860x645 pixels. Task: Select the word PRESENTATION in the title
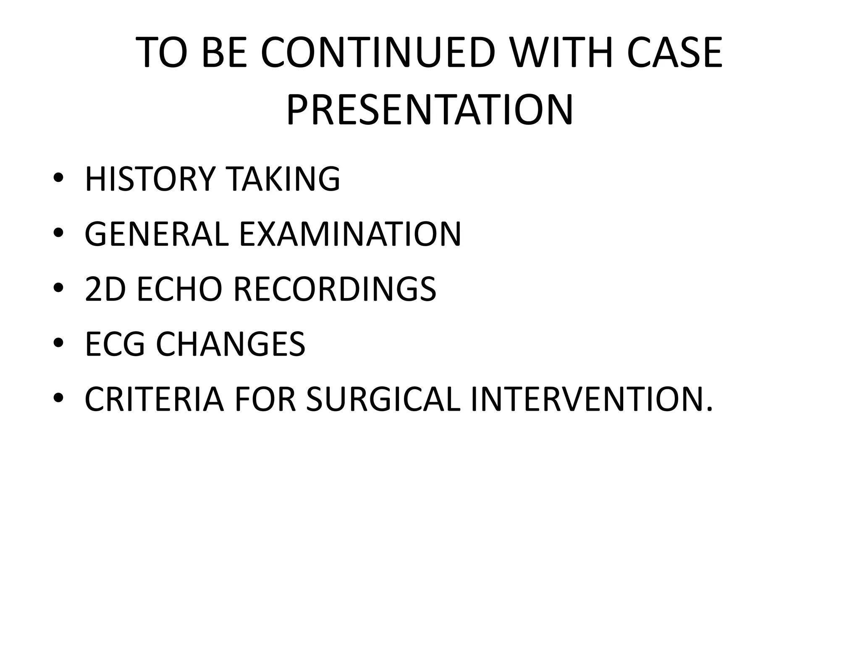click(430, 110)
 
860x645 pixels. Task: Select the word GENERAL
click(157, 234)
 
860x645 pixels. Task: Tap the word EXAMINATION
click(350, 234)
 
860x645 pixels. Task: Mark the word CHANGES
click(231, 344)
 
